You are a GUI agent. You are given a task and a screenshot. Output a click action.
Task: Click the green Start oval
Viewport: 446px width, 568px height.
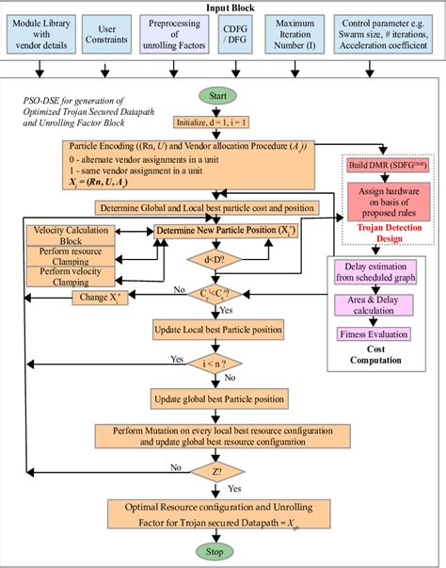pos(215,97)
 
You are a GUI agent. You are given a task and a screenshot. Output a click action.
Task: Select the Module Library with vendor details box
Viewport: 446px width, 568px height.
pos(40,33)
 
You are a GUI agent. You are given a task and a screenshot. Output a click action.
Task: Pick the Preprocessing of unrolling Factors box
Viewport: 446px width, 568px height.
pos(175,33)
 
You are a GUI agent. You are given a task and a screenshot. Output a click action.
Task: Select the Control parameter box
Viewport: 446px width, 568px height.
pos(384,33)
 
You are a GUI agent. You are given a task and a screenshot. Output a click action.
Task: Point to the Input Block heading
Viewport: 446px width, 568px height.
pos(223,8)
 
